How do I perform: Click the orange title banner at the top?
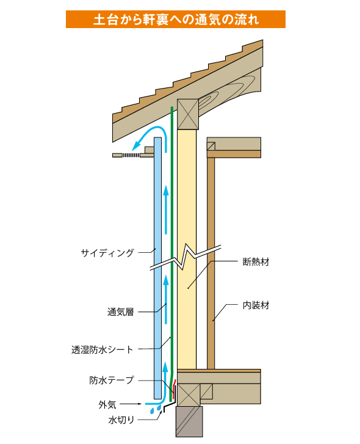(x=175, y=20)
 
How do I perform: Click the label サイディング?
(x=107, y=253)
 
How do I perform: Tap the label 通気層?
(x=120, y=312)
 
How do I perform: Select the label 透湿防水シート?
(x=103, y=350)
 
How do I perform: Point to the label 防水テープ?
(x=112, y=380)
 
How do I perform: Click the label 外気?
(x=107, y=404)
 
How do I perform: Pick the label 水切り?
(x=121, y=420)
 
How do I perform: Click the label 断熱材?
(x=256, y=261)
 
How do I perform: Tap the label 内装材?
(x=256, y=305)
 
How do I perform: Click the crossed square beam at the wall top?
(x=188, y=114)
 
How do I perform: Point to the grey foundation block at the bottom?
(x=189, y=421)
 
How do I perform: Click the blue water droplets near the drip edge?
(x=156, y=409)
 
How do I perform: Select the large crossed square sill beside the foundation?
(x=189, y=395)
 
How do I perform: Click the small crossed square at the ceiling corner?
(x=211, y=147)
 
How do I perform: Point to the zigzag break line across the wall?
(x=185, y=257)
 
